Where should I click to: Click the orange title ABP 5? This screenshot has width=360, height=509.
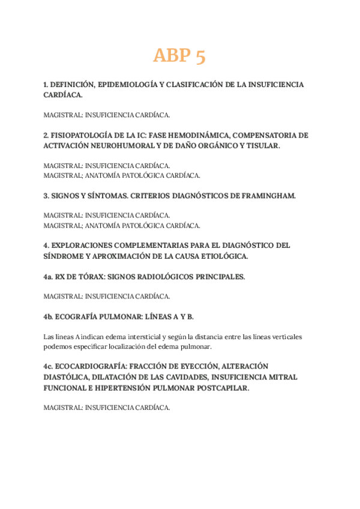pyautogui.click(x=179, y=56)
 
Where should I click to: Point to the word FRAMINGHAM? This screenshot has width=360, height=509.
pyautogui.click(x=266, y=196)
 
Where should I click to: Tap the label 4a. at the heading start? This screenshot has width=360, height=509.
pyautogui.click(x=49, y=277)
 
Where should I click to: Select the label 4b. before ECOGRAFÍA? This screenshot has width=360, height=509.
pyautogui.click(x=49, y=316)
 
